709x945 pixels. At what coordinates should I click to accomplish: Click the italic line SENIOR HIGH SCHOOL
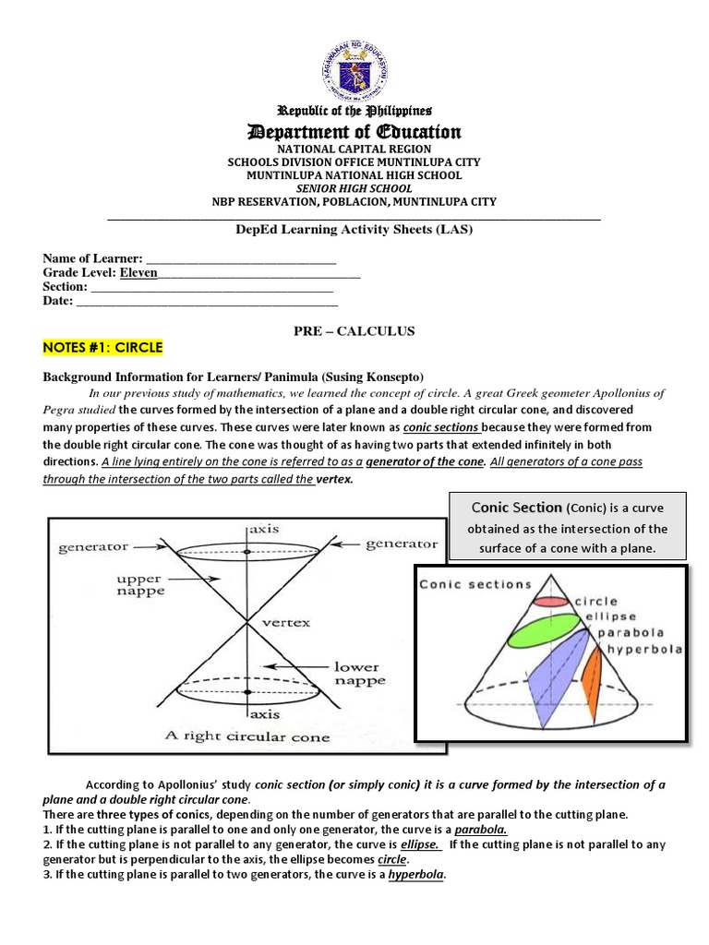354,188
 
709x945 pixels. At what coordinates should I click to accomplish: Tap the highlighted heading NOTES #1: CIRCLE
102,347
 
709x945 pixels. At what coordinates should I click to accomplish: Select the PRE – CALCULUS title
355,330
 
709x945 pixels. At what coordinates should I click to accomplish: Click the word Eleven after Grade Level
138,273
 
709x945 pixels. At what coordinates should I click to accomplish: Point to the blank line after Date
207,301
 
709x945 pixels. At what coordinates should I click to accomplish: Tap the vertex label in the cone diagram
287,621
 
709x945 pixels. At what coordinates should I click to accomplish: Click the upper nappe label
138,586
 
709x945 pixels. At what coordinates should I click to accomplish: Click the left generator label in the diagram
93,546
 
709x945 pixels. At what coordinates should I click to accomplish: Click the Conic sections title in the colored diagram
475,584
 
